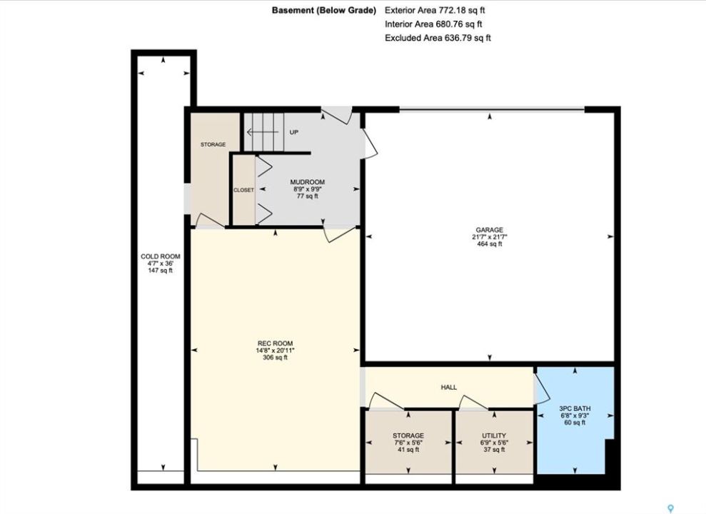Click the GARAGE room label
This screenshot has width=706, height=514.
click(490, 230)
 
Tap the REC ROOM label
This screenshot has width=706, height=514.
click(275, 343)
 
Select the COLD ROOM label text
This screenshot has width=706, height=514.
click(161, 256)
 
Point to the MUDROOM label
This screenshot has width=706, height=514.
click(308, 182)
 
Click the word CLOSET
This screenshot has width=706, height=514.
click(243, 190)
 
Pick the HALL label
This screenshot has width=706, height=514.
click(449, 387)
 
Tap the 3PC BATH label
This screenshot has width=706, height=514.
click(575, 408)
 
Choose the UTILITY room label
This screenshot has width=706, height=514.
click(494, 435)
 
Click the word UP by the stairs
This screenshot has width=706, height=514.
click(293, 132)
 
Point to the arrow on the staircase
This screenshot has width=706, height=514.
click(263, 132)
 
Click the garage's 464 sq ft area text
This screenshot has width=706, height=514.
click(490, 244)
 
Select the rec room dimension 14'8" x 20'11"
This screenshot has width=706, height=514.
click(275, 351)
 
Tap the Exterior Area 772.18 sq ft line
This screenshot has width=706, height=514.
click(435, 10)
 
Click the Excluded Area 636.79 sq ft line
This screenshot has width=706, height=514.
click(438, 38)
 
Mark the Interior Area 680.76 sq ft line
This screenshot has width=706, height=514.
click(433, 24)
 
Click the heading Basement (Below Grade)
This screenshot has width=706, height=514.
click(324, 10)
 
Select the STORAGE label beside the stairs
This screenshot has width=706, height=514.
click(213, 144)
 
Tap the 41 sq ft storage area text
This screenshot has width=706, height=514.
click(408, 450)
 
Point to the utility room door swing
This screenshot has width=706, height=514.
click(473, 402)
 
